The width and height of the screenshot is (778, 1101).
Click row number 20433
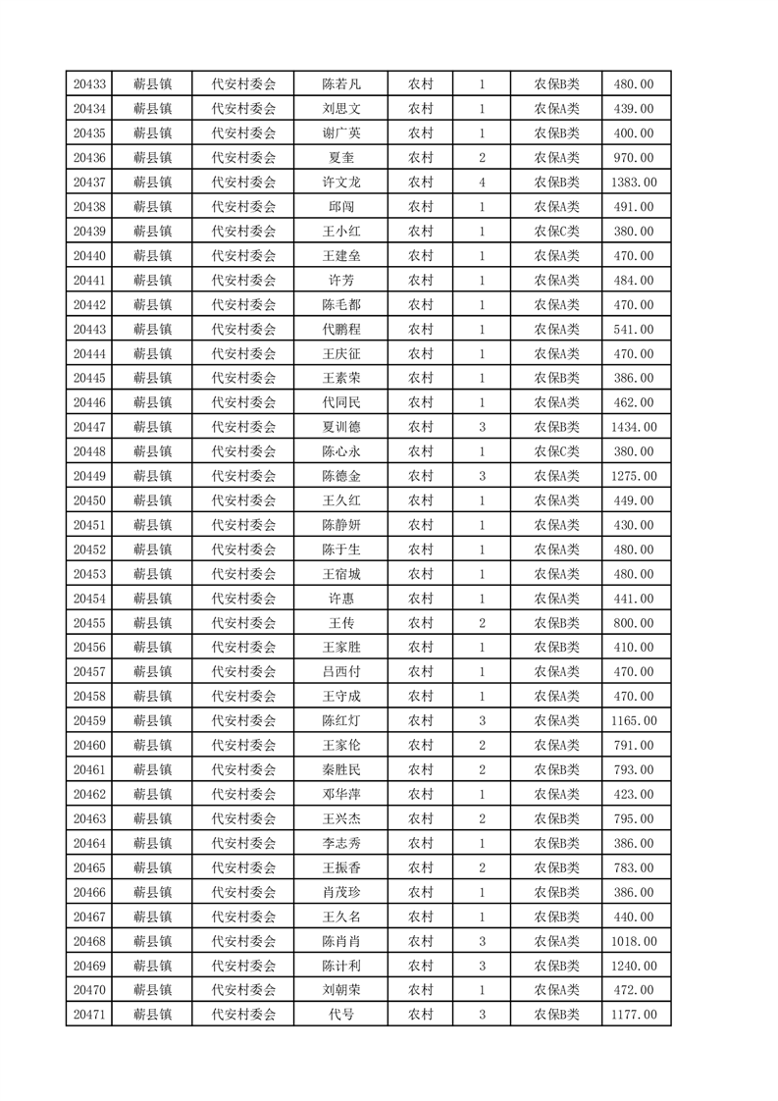[x=89, y=84]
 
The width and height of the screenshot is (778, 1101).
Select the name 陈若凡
[x=341, y=84]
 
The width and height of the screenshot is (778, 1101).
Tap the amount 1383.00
[x=634, y=183]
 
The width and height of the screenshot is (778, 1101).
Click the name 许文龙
[x=341, y=183]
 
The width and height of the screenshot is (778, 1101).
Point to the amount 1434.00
[x=634, y=427]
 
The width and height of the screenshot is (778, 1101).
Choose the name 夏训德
[x=341, y=427]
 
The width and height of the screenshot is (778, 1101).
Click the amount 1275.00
[x=634, y=476]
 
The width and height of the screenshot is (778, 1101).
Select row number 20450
[x=89, y=500]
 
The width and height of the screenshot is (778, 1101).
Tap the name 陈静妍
[x=341, y=525]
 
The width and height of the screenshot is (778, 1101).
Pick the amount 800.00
[x=634, y=623]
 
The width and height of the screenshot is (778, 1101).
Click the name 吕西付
[x=341, y=672]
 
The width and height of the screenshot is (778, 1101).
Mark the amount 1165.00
[x=634, y=721]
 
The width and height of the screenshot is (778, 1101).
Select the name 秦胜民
[x=341, y=769]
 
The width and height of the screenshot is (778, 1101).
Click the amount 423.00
[x=634, y=794]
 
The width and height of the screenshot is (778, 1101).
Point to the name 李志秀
[x=341, y=843]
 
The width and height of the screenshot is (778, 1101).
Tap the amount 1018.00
[x=634, y=941]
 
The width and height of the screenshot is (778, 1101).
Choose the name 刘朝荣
[x=341, y=990]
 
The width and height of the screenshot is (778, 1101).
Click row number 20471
[x=89, y=1015]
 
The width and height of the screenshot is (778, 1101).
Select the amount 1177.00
[x=634, y=1015]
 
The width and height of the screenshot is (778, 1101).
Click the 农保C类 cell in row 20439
[x=556, y=232]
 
